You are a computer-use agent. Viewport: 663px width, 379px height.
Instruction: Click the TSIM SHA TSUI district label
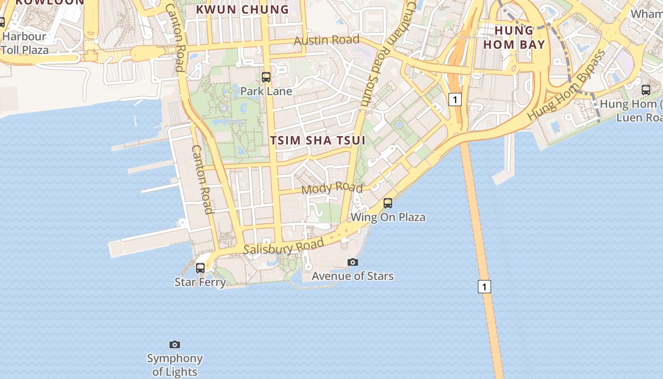tap(318, 140)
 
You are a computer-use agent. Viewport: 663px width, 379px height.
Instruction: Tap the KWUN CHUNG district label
tap(242, 9)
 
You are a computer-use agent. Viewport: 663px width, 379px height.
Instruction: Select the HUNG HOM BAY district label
tap(520, 37)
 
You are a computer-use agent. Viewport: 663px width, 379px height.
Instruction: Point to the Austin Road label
tap(326, 40)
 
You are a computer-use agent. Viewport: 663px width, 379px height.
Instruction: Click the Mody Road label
tap(331, 188)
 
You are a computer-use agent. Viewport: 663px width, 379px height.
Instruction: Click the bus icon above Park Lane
tap(266, 77)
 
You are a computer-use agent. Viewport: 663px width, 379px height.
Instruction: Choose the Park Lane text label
tap(266, 91)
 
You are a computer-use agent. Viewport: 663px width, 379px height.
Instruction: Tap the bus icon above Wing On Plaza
tap(388, 203)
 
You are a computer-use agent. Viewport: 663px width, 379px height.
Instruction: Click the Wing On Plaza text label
tap(388, 217)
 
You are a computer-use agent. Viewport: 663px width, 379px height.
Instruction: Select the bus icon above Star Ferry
tap(200, 268)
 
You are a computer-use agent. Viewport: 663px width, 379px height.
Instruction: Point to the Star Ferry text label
tap(200, 282)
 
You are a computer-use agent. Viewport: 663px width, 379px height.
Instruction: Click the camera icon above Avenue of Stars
tap(352, 262)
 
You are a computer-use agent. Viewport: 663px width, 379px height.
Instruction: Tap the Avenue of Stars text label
tap(352, 276)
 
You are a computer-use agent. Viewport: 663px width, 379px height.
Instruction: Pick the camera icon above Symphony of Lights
tap(175, 344)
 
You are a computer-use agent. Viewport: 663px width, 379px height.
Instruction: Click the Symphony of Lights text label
tap(175, 365)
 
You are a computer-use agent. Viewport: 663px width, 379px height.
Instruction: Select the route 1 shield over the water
tap(484, 287)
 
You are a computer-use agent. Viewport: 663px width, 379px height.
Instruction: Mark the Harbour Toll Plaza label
tap(25, 43)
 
